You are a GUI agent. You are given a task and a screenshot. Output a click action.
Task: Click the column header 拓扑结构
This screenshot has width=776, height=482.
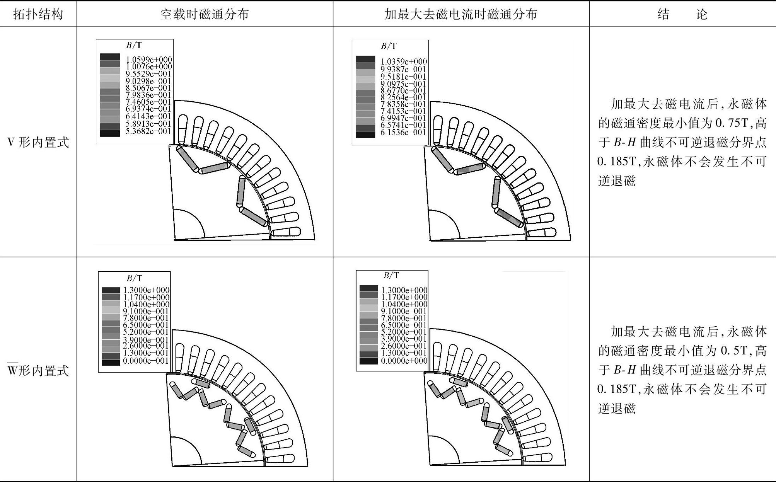[x=38, y=14]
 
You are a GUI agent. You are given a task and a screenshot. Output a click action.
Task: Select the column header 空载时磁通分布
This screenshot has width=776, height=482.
[x=205, y=14]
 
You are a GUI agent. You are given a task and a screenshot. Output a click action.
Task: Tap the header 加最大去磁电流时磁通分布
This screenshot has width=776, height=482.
[x=461, y=14]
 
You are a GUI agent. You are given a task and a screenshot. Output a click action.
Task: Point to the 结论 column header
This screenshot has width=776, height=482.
[x=682, y=14]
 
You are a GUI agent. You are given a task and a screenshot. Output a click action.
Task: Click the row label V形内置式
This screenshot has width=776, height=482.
[x=38, y=143]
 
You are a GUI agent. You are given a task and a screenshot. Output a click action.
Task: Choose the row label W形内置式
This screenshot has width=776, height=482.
[x=38, y=370]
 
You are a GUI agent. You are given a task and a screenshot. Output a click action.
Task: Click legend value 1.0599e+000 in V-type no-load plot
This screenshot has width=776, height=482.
[x=149, y=60]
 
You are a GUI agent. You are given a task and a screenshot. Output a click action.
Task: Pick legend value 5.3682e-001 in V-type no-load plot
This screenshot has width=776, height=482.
[x=148, y=131]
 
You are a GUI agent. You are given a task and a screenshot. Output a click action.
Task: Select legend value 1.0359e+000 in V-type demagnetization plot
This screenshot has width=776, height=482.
[x=404, y=61]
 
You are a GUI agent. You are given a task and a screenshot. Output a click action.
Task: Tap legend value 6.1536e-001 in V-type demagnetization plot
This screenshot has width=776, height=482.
[x=403, y=133]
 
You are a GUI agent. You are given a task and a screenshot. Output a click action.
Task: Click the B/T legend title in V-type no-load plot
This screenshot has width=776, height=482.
[x=134, y=45]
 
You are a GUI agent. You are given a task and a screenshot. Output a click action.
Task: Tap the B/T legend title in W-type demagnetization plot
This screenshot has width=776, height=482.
[x=391, y=275]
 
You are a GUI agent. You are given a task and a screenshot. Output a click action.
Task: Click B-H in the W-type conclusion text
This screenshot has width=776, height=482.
[x=624, y=370]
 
